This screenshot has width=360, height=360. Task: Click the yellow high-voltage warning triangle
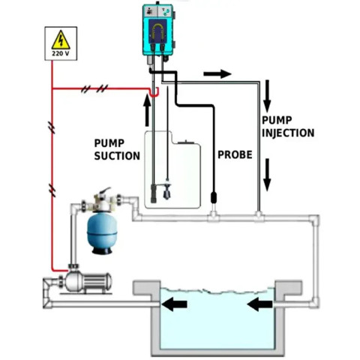pos(61,40)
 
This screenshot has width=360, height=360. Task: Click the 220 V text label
pos(61,53)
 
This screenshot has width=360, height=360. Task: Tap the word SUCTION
pos(117,156)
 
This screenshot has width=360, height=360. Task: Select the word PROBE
pos(235,154)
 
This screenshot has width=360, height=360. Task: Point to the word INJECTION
pos(288,133)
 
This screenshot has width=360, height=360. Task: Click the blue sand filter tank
pos(102,233)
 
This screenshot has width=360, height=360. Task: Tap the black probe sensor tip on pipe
pos(214,197)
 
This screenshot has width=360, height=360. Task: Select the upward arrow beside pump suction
pos(147,111)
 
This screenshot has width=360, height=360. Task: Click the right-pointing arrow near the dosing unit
pos(217,74)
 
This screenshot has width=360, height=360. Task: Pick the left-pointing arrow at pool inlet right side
pos(259,304)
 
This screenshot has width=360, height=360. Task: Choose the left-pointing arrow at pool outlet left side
pos(174,304)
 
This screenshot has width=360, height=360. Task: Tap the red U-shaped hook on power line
pos(154,91)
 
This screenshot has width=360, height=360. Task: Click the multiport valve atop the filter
pos(101,200)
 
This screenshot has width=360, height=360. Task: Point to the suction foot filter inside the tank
pos(153,193)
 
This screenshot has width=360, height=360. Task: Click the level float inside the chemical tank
pos(166,191)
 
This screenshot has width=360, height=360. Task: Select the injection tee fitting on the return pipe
pos(259,217)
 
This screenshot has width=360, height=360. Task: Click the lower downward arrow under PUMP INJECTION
pos(267,175)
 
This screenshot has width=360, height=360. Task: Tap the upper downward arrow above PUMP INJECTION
pos(267,96)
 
